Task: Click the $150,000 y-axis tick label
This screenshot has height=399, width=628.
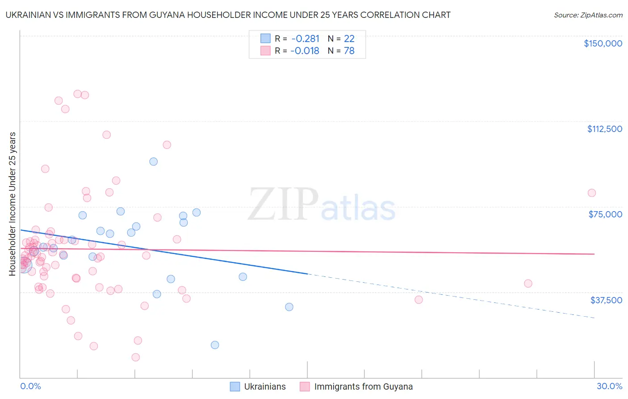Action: [603, 43]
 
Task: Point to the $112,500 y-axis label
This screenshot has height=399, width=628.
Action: [604, 129]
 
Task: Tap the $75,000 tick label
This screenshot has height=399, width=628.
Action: [605, 214]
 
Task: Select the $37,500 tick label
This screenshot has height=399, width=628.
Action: [606, 300]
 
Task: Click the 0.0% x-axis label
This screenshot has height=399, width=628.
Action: [30, 386]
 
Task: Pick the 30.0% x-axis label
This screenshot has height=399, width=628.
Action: [609, 386]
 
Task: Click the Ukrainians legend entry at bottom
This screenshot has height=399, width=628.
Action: [258, 386]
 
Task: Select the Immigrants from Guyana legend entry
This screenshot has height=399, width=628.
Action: [356, 386]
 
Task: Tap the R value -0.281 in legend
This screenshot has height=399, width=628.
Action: [305, 38]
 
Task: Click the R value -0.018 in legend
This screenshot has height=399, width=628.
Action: [305, 51]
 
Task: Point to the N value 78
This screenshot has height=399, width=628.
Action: [349, 51]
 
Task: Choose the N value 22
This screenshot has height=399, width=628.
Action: [349, 38]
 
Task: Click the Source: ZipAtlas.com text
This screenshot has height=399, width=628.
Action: [588, 15]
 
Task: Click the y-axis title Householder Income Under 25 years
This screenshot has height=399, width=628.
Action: [13, 204]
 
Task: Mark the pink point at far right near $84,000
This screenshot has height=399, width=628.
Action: [592, 193]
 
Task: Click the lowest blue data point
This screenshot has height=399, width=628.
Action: [215, 345]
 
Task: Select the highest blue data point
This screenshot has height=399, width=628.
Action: [154, 161]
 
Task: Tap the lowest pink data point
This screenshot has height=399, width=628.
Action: [136, 357]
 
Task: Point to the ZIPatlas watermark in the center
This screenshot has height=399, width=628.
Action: [322, 205]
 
